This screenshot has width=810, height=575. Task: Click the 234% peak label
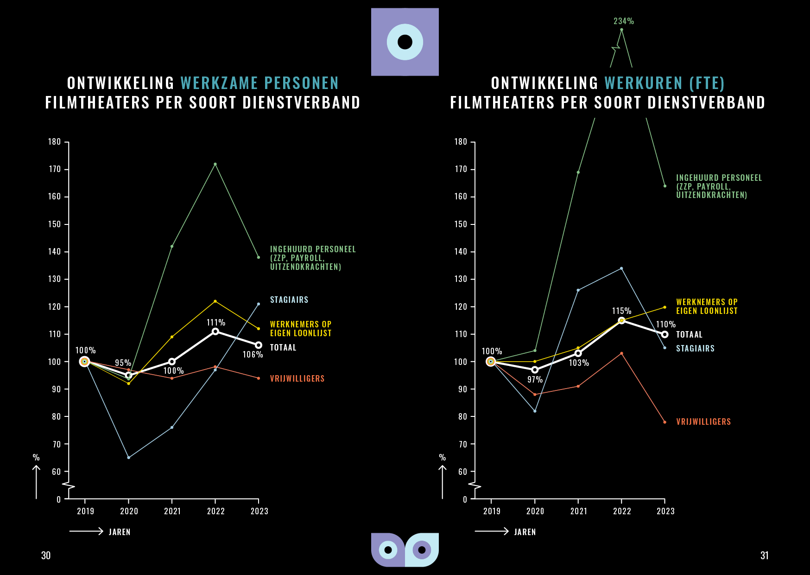[623, 21]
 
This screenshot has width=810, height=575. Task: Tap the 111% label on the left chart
[216, 322]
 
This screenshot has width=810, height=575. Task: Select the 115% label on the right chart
[621, 311]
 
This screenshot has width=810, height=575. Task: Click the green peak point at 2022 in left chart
[215, 164]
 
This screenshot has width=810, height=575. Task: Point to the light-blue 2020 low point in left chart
[128, 458]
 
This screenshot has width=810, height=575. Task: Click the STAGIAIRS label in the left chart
[289, 300]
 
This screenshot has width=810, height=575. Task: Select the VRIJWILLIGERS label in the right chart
[703, 422]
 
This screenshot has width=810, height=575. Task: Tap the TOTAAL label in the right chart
[689, 335]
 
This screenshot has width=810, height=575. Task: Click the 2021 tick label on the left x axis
[172, 511]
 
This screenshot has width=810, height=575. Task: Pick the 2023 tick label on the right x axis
[665, 511]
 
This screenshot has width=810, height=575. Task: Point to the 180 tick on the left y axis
[55, 142]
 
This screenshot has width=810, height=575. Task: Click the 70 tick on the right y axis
[462, 444]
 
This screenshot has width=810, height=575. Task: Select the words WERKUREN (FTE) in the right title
[664, 83]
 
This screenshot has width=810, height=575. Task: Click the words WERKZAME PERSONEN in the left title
[259, 83]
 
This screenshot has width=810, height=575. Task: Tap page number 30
[46, 556]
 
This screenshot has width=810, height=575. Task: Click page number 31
[764, 556]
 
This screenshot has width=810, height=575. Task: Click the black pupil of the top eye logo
[405, 42]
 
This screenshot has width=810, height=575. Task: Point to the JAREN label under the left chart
[120, 532]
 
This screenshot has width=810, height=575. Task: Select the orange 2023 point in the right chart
[664, 422]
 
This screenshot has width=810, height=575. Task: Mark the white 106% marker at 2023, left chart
[259, 345]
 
